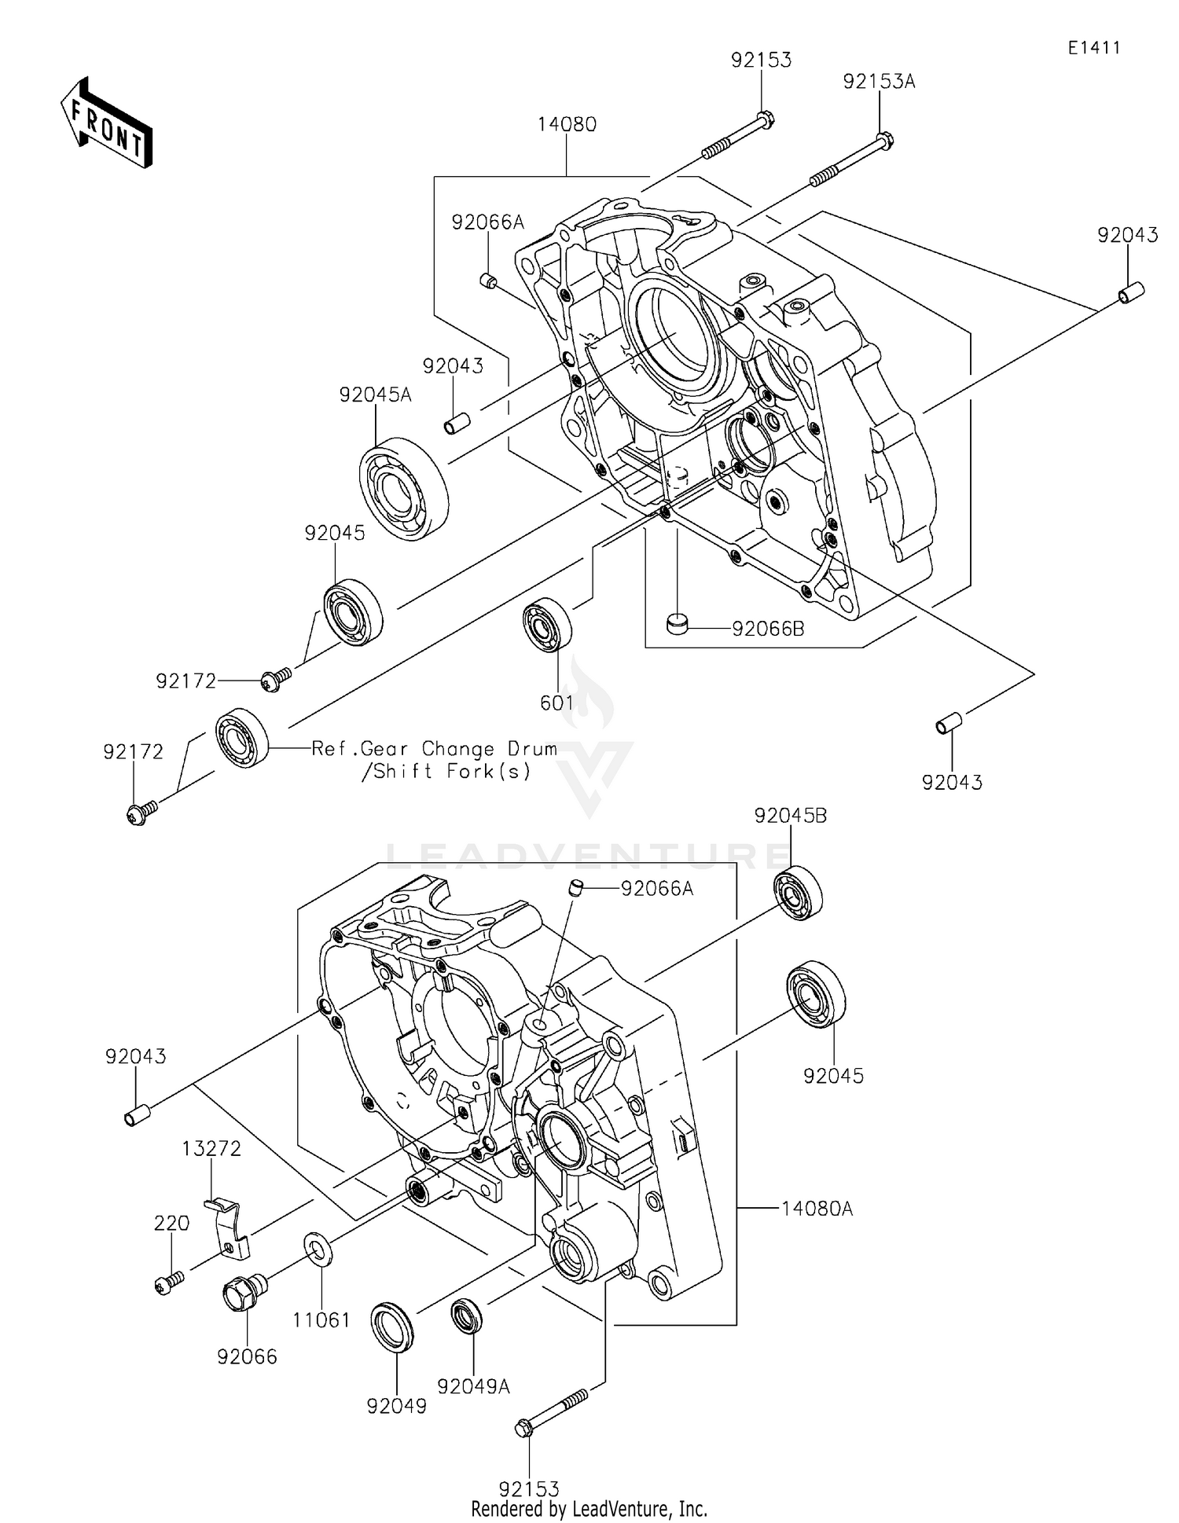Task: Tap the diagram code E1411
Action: click(1093, 48)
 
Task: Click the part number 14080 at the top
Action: click(567, 124)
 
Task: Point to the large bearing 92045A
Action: click(403, 488)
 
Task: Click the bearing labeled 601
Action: click(547, 625)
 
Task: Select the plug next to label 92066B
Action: click(676, 624)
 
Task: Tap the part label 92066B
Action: click(767, 629)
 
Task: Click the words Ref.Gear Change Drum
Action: click(435, 749)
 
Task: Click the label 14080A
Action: click(817, 1209)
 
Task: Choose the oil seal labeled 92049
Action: click(391, 1327)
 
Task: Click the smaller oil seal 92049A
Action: click(467, 1317)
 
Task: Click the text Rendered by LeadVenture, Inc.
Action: click(589, 1509)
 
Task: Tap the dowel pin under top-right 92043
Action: click(1130, 292)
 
